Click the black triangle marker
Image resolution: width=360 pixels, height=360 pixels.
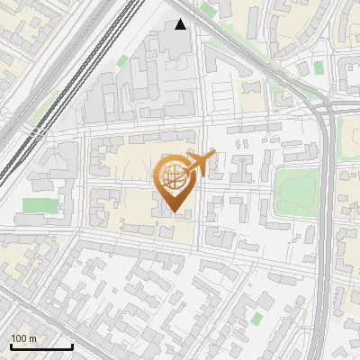tap(181, 24)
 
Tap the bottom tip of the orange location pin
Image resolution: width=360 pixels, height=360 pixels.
tap(172, 213)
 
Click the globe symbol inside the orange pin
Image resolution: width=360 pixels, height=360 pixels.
tap(171, 176)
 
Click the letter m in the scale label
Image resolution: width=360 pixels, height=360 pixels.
tap(33, 338)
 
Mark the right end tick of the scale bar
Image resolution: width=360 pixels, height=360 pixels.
tap(72, 346)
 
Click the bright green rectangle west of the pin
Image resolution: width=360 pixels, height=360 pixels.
tap(38, 206)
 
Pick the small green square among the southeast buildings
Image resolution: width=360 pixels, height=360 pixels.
tap(257, 318)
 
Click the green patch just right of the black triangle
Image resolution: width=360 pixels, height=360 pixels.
tap(209, 10)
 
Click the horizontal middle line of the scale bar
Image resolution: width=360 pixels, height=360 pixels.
tap(40, 347)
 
